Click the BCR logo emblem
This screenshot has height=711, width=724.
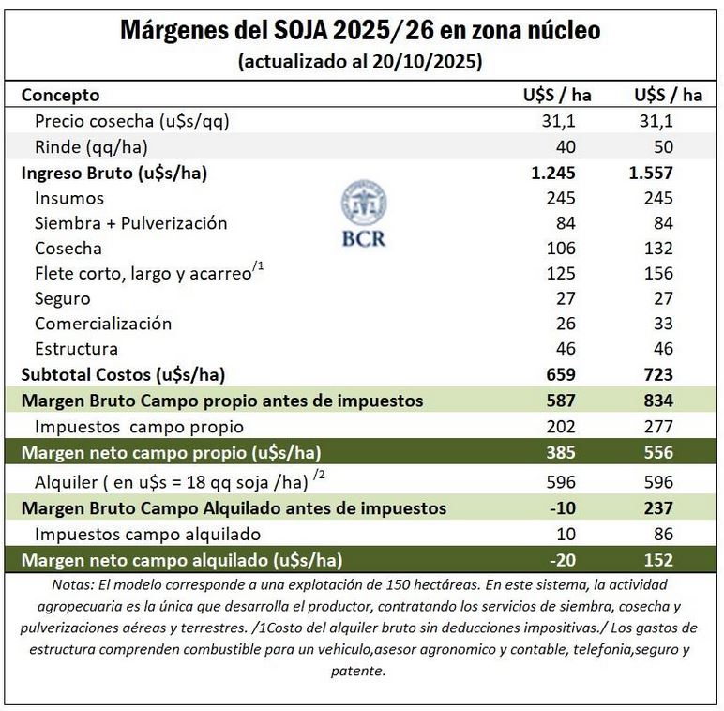pyautogui.click(x=364, y=203)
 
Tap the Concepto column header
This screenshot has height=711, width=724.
pyautogui.click(x=60, y=95)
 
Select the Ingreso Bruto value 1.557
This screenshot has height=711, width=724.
pyautogui.click(x=653, y=173)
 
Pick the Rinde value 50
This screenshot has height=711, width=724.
pyautogui.click(x=664, y=146)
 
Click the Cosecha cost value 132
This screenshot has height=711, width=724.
pyautogui.click(x=659, y=248)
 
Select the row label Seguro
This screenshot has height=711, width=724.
pyautogui.click(x=62, y=298)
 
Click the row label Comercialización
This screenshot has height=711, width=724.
pyautogui.click(x=103, y=324)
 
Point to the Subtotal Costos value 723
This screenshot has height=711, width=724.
pyautogui.click(x=657, y=374)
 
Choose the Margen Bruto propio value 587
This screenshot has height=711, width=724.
pyautogui.click(x=559, y=401)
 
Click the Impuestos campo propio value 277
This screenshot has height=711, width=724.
pyautogui.click(x=659, y=426)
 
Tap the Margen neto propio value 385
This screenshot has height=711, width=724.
pyautogui.click(x=559, y=452)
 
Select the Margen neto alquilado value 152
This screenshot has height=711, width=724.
pyautogui.click(x=658, y=560)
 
